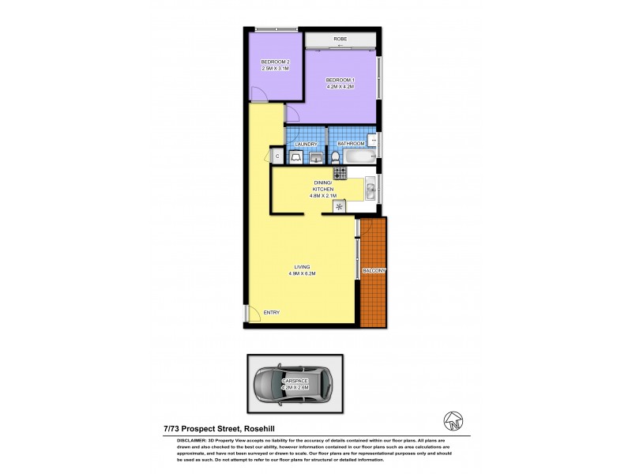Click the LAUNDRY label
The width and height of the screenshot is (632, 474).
click(x=306, y=144)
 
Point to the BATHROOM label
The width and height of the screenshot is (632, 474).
click(x=351, y=144)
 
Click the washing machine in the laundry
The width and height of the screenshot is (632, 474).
click(x=295, y=158)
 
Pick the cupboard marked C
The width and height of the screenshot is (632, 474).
click(x=277, y=156)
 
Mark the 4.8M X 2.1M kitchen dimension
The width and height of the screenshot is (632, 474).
click(x=324, y=197)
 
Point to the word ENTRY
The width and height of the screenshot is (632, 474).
click(x=271, y=313)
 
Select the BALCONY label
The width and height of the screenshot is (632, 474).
click(x=374, y=271)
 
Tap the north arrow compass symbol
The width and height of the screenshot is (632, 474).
click(x=452, y=416)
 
